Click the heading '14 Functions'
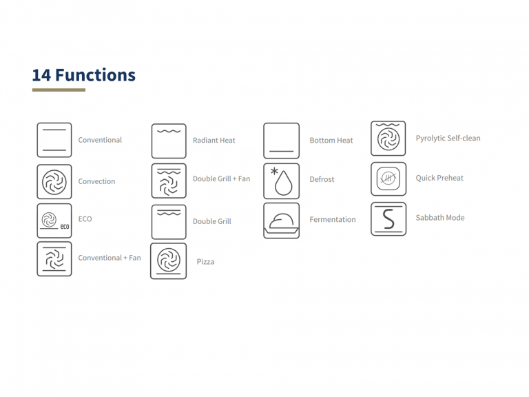tap(83, 74)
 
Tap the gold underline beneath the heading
tap(59, 90)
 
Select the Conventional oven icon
tap(54, 140)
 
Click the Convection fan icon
tap(54, 181)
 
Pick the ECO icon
tap(54, 221)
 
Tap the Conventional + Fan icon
tap(54, 258)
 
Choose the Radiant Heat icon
tap(169, 141)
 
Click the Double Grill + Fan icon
tap(169, 181)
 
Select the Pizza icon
tap(168, 261)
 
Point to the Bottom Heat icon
tap(281, 141)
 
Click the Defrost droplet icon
tap(281, 180)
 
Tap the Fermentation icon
tap(281, 221)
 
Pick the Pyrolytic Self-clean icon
tap(388, 139)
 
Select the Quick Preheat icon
tap(388, 179)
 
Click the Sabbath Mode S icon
tap(388, 218)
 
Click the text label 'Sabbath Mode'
tap(439, 218)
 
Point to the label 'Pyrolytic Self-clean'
tap(448, 139)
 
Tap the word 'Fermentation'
tap(333, 220)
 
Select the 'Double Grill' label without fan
tap(211, 222)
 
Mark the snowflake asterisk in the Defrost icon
tap(274, 171)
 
